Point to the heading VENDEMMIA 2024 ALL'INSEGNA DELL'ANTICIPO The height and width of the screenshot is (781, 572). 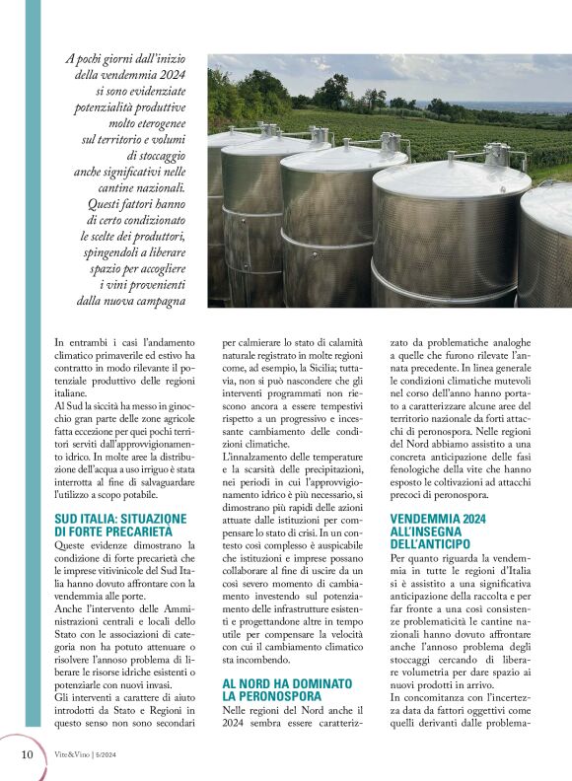click(x=437, y=531)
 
